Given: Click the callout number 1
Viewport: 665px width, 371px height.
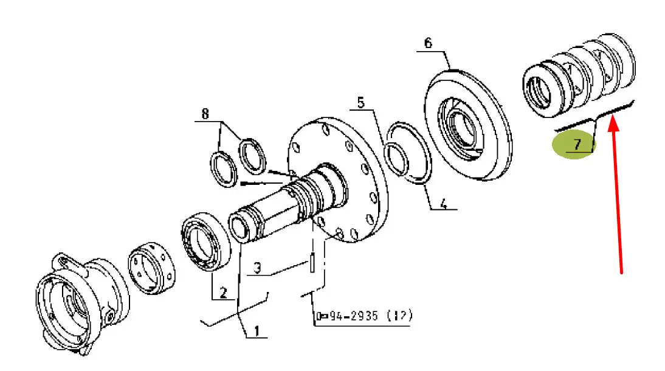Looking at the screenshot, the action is pyautogui.click(x=257, y=330).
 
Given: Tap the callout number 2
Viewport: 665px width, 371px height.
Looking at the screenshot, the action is pyautogui.click(x=223, y=293).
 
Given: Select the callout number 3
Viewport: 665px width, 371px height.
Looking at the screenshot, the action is pyautogui.click(x=258, y=268).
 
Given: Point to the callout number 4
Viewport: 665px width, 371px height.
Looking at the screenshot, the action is pyautogui.click(x=443, y=204).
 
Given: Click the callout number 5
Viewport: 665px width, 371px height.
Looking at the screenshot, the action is pyautogui.click(x=360, y=103).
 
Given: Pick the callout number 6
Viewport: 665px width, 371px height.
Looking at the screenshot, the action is pyautogui.click(x=428, y=43).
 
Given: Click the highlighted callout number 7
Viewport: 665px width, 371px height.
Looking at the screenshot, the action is pyautogui.click(x=577, y=144).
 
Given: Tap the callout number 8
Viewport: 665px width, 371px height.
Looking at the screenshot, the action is pyautogui.click(x=205, y=114).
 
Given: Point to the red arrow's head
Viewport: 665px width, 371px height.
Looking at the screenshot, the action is pyautogui.click(x=614, y=124).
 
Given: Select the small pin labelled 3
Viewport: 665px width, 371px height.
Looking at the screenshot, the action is pyautogui.click(x=312, y=262).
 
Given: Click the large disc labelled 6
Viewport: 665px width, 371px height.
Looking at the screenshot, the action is pyautogui.click(x=468, y=125).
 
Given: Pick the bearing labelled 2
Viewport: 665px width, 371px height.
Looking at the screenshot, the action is pyautogui.click(x=205, y=241).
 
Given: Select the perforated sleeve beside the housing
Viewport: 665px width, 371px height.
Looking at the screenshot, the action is pyautogui.click(x=151, y=268).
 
